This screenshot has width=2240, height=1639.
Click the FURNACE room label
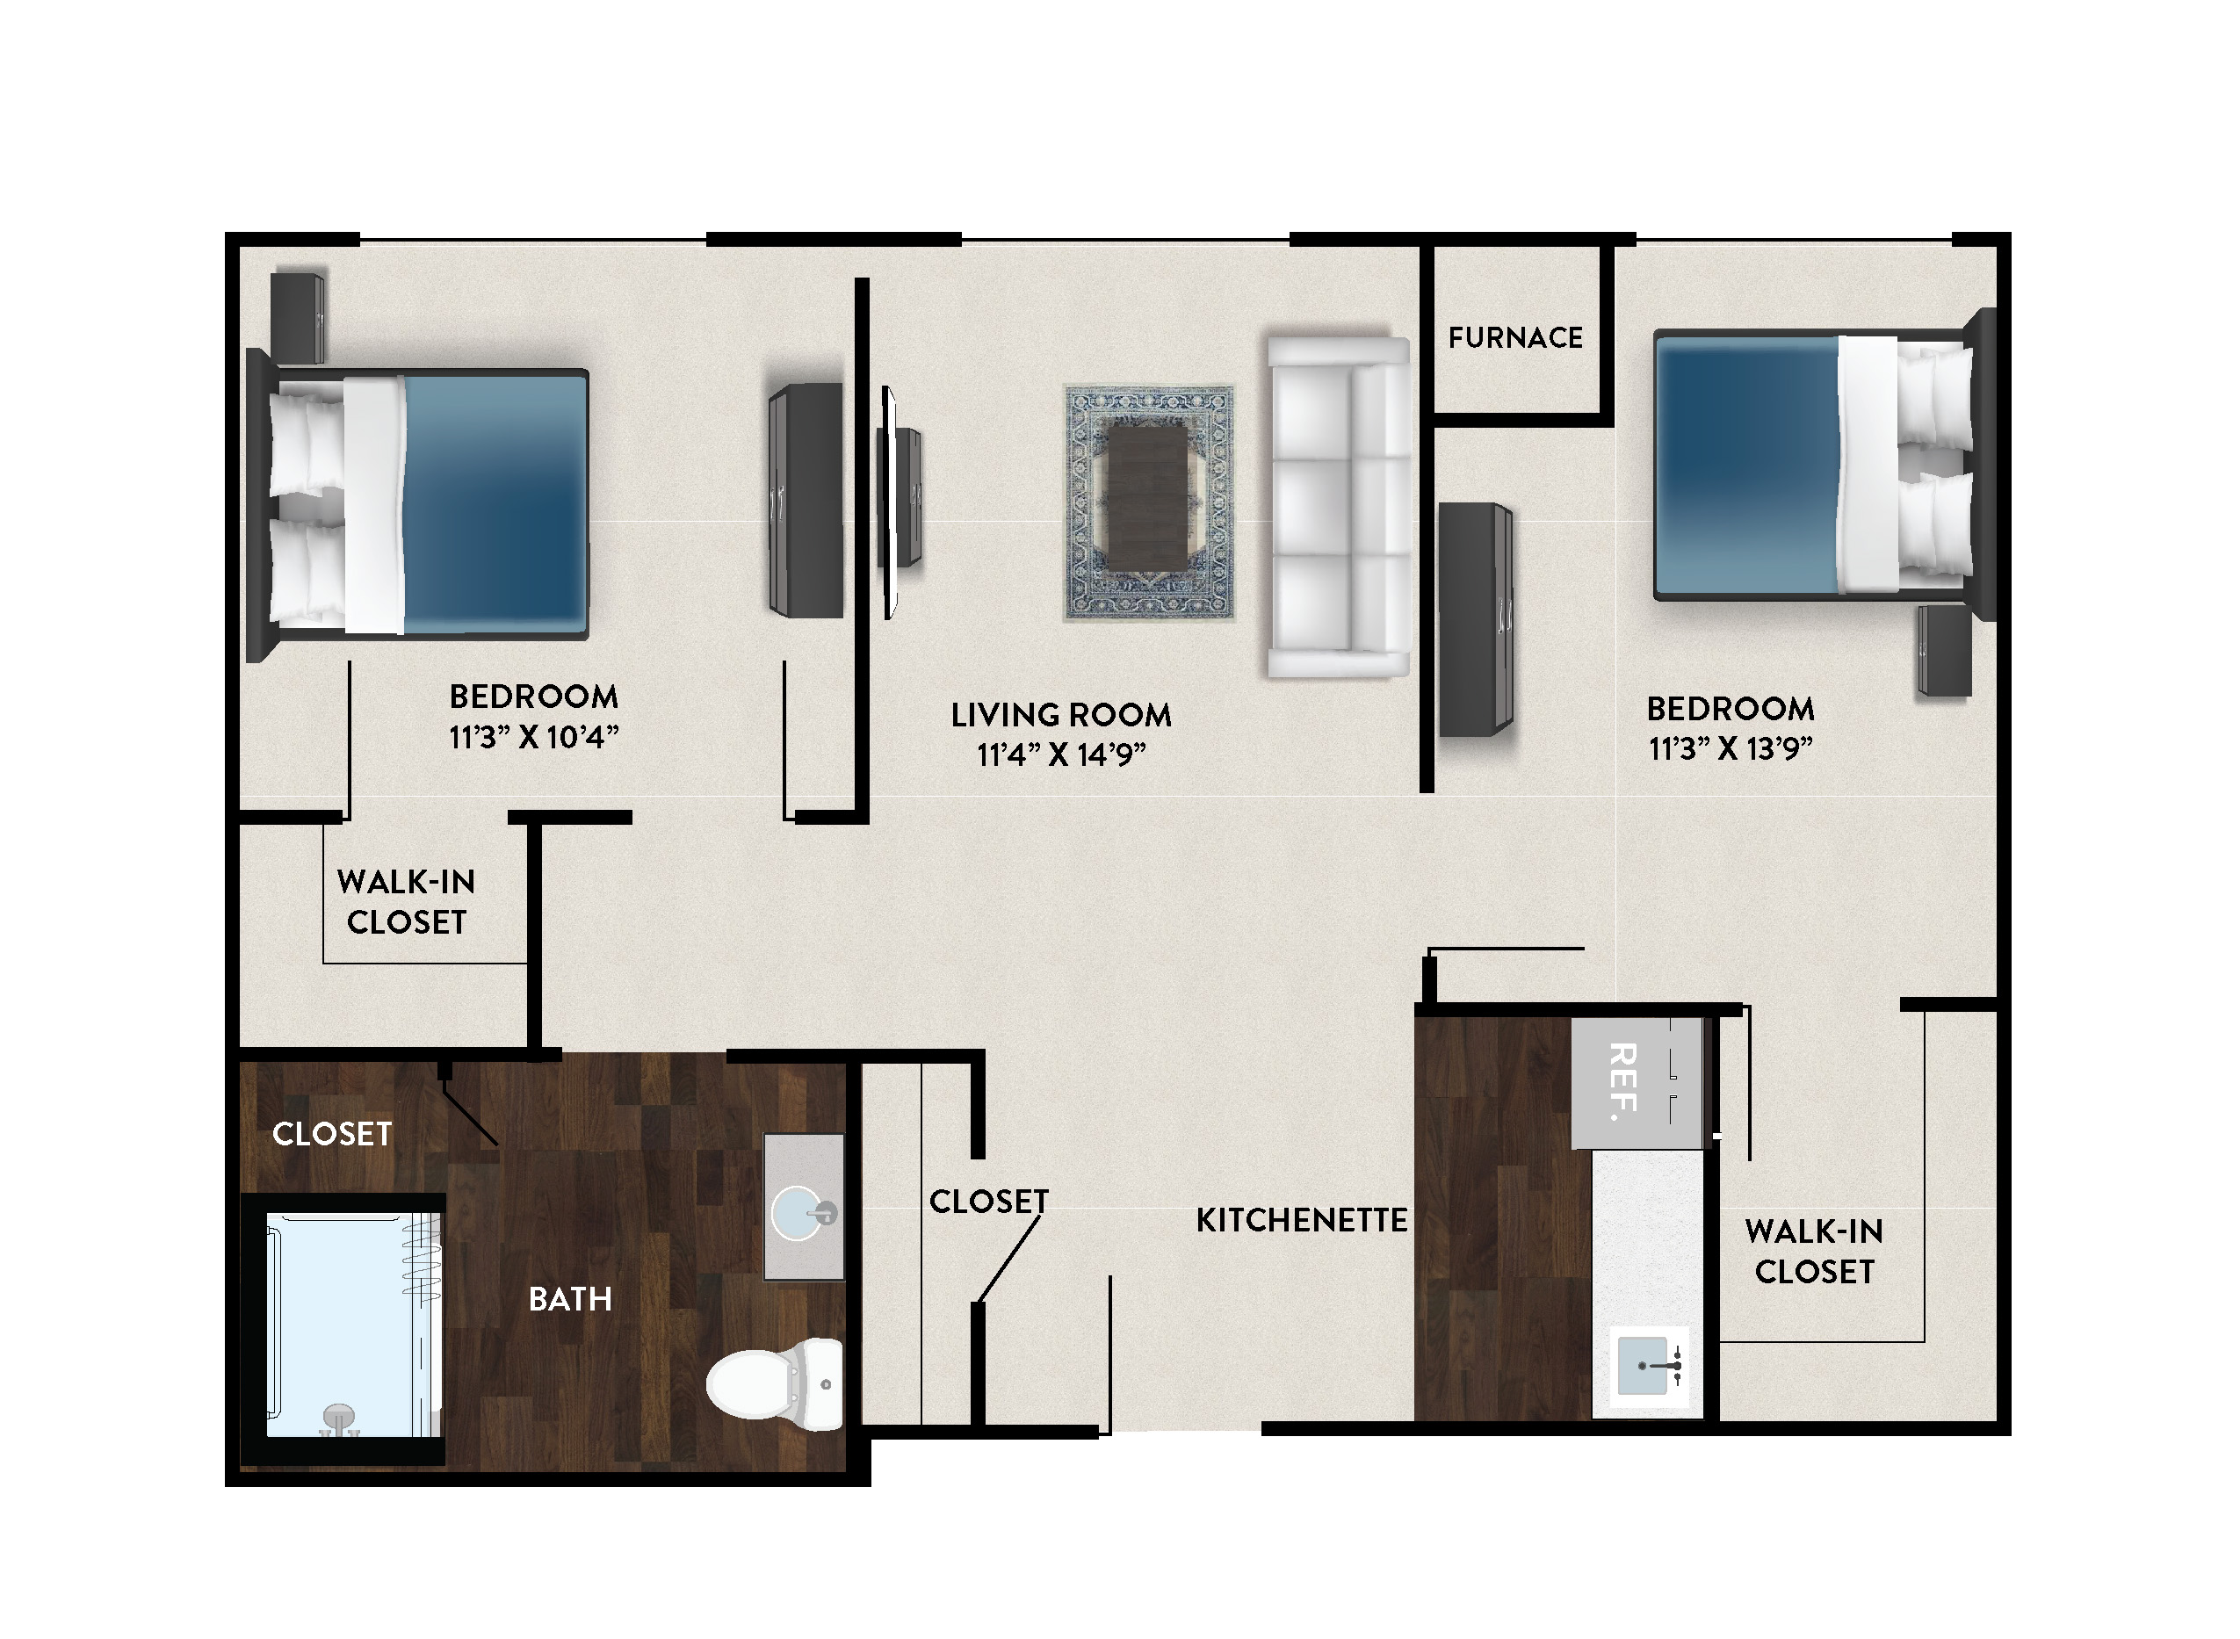tap(1514, 338)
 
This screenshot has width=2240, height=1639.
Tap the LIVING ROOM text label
tap(1060, 714)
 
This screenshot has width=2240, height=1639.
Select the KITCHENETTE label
tap(1302, 1219)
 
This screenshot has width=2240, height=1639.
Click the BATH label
tap(569, 1299)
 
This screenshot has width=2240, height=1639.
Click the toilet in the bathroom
tap(775, 1384)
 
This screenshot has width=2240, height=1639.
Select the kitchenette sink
tap(1648, 1366)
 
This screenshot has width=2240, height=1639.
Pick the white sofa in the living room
tap(1338, 507)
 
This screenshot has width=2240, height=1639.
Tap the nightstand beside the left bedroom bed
tap(298, 317)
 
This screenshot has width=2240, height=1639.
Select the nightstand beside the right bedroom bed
tap(1943, 651)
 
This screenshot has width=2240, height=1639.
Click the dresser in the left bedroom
tap(806, 500)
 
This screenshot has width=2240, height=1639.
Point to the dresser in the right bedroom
tap(1475, 619)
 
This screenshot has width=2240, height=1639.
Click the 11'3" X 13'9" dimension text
tap(1731, 748)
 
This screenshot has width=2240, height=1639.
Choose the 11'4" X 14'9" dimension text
tap(1060, 755)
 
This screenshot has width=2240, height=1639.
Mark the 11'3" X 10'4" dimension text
tap(534, 737)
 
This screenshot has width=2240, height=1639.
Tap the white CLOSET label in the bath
tap(332, 1134)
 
